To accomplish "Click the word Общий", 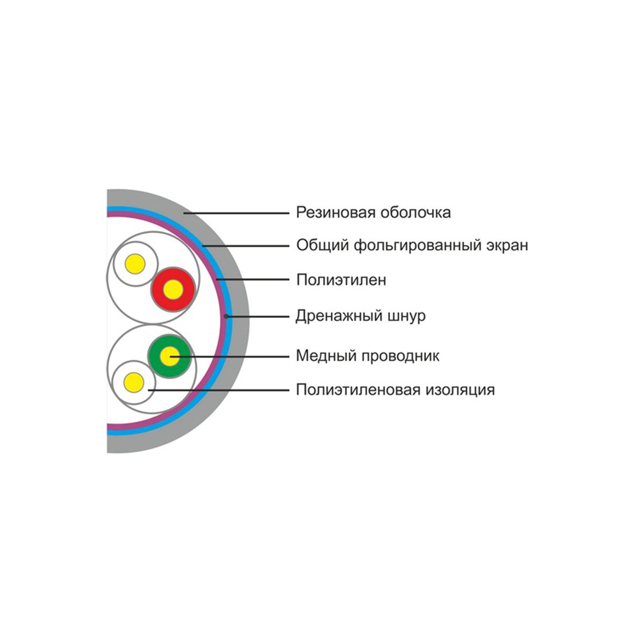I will tap(322, 246).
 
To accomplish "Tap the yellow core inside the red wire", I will tap(172, 289).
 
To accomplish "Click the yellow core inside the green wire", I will tap(170, 355).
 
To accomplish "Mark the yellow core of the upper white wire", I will tap(135, 264).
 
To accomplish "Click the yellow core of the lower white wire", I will tap(134, 383).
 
